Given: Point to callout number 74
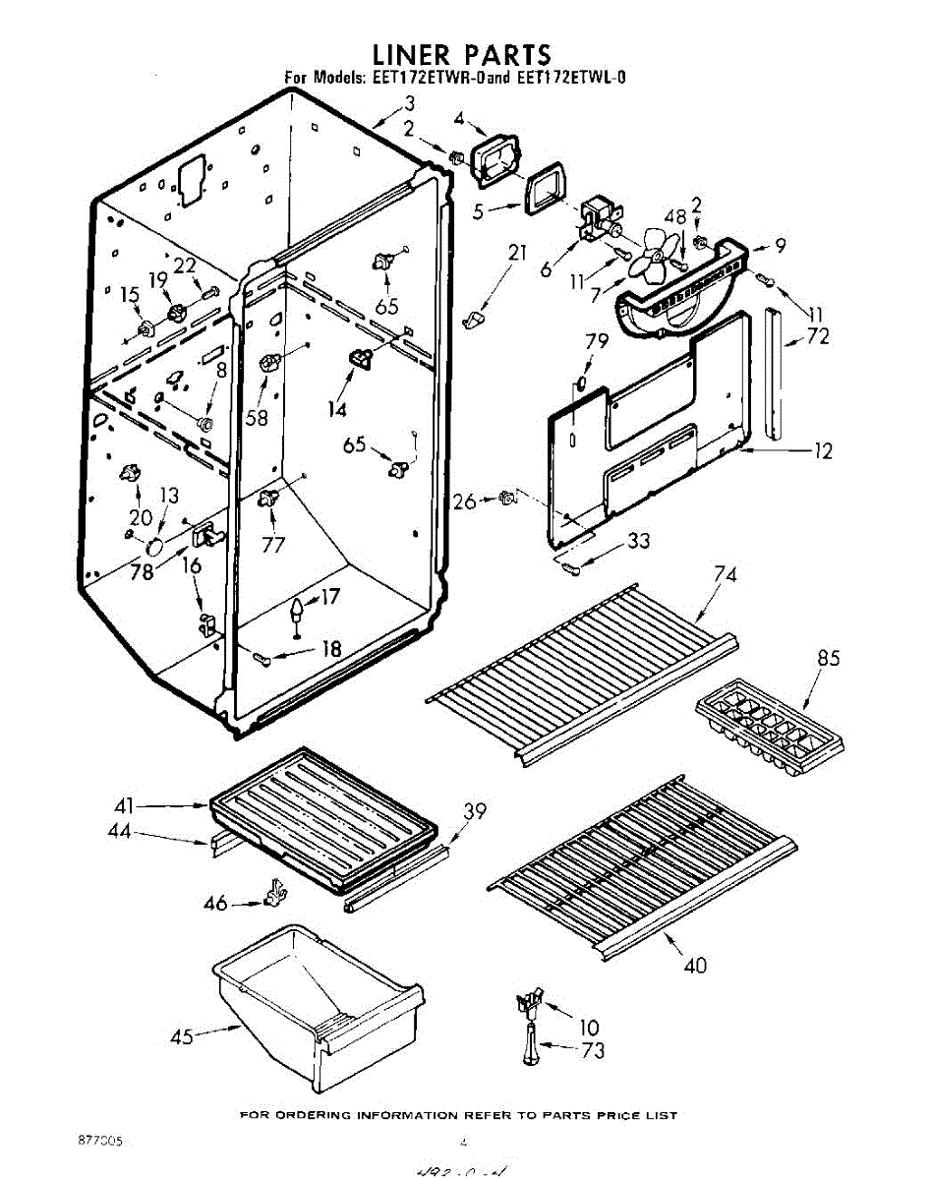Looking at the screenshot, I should pos(726,574).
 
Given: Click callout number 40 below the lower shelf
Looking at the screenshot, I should pos(694,965).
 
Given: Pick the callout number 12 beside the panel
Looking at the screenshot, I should pos(822,451).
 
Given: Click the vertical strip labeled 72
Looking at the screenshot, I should pos(774,374).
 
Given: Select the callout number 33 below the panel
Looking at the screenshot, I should pos(639,540).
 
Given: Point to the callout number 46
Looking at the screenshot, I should pos(215,902).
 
